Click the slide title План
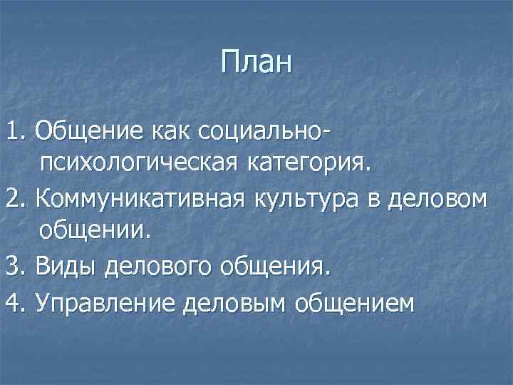(x=256, y=63)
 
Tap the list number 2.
(x=14, y=199)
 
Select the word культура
(x=293, y=199)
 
